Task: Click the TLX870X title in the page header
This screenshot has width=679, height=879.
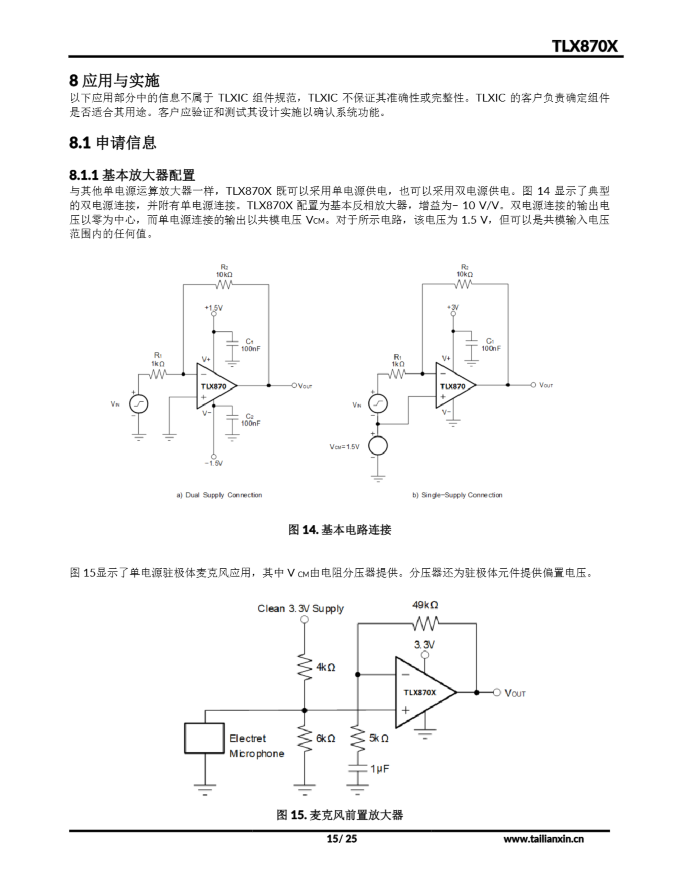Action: [584, 46]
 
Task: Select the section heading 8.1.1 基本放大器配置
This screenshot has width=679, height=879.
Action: [132, 175]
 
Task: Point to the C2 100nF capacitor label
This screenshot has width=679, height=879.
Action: [250, 420]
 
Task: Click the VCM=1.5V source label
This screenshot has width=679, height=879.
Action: [344, 447]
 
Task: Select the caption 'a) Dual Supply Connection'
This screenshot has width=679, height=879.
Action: [219, 495]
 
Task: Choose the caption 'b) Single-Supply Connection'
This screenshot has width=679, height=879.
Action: [457, 495]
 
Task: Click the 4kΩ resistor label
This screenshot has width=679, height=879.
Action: [326, 667]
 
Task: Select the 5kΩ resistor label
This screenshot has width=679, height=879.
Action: [378, 738]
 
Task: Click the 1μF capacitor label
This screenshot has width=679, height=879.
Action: [380, 769]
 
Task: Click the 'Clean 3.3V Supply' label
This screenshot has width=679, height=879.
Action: [301, 608]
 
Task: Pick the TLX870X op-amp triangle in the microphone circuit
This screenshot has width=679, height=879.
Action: [421, 692]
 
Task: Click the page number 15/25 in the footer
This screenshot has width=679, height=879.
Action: [341, 839]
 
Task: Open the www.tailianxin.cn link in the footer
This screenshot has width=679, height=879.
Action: [543, 839]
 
